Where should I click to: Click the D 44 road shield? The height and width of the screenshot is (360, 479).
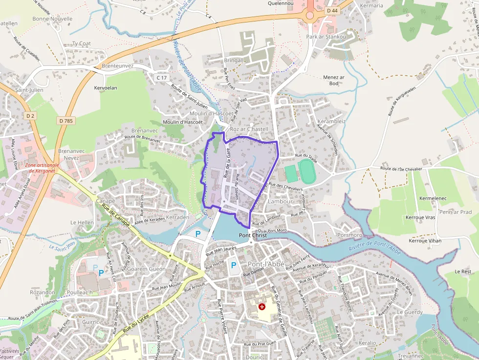[x=332, y=10]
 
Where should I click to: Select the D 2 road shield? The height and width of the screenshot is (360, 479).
[x=31, y=115]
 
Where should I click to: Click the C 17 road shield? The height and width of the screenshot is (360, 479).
[x=161, y=78]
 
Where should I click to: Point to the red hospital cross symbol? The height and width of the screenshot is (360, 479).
[x=262, y=307]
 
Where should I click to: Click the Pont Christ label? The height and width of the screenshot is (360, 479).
[x=253, y=235]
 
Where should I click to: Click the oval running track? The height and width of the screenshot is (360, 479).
[x=307, y=171]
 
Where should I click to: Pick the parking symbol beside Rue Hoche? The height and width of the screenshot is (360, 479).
[x=234, y=265]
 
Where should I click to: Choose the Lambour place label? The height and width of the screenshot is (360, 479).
[x=281, y=201]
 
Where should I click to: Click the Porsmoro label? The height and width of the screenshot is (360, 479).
[x=349, y=235]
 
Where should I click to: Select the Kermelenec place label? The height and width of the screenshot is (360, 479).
[x=433, y=198]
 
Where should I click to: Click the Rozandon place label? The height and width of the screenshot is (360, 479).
[x=43, y=292]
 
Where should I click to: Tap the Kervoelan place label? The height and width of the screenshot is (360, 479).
[x=106, y=87]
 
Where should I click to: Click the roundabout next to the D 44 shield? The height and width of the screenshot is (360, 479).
[x=310, y=15]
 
